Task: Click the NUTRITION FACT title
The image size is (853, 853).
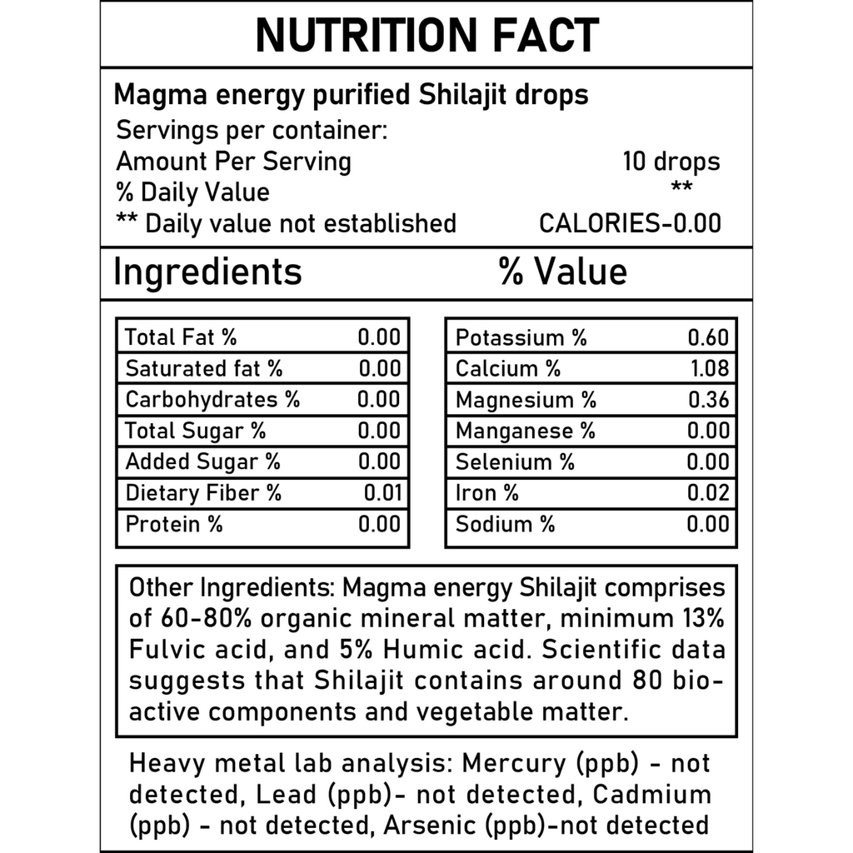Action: [x=426, y=35]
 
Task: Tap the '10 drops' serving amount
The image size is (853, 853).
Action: [x=671, y=161]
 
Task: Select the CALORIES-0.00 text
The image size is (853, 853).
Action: [x=630, y=223]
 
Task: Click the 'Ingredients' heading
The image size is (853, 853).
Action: [x=207, y=272]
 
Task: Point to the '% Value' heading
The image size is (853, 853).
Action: [x=563, y=272]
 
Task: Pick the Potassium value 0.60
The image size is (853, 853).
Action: [x=708, y=337]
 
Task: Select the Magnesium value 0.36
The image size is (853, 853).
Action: [x=708, y=400]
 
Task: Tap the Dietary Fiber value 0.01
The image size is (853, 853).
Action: [x=382, y=493]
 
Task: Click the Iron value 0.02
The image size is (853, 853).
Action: [x=708, y=493]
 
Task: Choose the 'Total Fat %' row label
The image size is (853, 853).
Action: [x=181, y=337]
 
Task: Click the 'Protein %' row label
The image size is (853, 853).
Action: [x=174, y=524]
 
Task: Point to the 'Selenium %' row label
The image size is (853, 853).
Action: [x=515, y=462]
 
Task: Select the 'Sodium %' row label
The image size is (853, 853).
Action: [x=505, y=524]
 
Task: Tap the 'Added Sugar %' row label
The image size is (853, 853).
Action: [x=202, y=462]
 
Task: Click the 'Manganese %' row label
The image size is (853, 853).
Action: [x=526, y=431]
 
